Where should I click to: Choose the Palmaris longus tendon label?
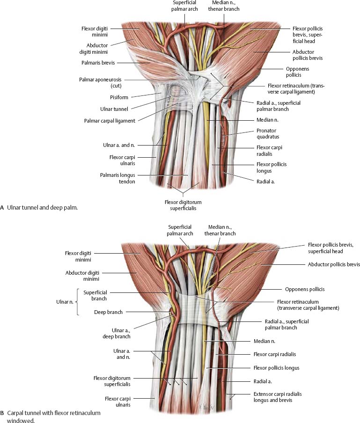(117, 178)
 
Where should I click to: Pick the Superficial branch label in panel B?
(96, 296)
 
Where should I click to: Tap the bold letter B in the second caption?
(2, 414)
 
